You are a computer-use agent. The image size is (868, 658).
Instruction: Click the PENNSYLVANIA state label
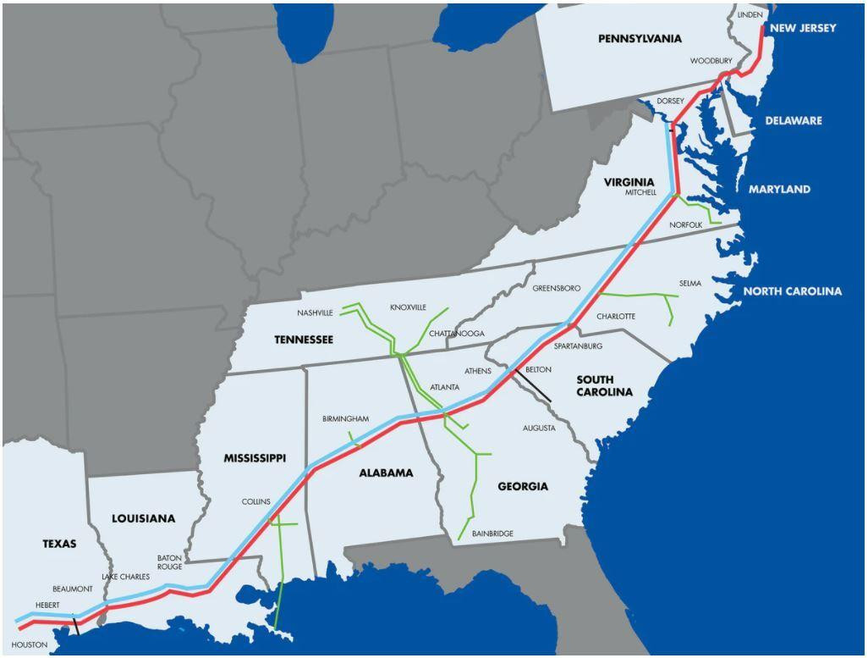[x=640, y=39]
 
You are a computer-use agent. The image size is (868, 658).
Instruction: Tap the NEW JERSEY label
[x=803, y=28]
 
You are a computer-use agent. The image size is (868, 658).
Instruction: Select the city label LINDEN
[x=750, y=15]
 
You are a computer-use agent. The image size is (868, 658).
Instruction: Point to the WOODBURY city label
[x=711, y=61]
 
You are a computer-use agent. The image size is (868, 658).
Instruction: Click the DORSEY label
[x=670, y=101]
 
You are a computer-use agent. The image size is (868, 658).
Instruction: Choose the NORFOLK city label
[x=685, y=224]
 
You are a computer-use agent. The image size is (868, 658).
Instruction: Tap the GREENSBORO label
[x=556, y=289]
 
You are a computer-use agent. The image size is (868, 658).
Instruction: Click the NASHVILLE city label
[x=316, y=312]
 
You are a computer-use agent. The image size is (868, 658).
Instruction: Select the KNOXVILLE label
[x=408, y=307]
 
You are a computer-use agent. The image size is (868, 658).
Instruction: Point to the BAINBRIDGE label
[x=492, y=534]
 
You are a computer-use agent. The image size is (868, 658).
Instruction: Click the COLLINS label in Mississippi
[x=255, y=501]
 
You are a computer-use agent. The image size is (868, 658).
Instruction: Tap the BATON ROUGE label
[x=169, y=562]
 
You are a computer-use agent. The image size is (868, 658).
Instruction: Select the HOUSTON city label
[x=30, y=645]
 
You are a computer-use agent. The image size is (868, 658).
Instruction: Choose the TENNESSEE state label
[x=304, y=340]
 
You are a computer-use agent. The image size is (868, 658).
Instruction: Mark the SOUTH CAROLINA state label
[x=604, y=385]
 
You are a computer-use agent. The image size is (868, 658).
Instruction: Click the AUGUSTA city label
[x=539, y=429]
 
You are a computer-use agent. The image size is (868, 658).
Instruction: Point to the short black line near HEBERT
[x=76, y=626]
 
